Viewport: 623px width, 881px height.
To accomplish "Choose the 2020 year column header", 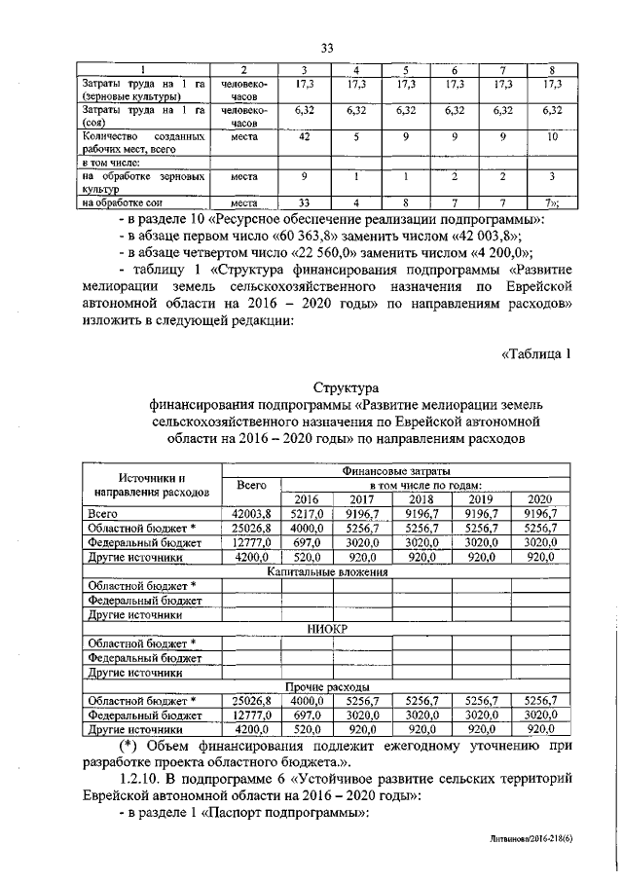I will click(x=538, y=498).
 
